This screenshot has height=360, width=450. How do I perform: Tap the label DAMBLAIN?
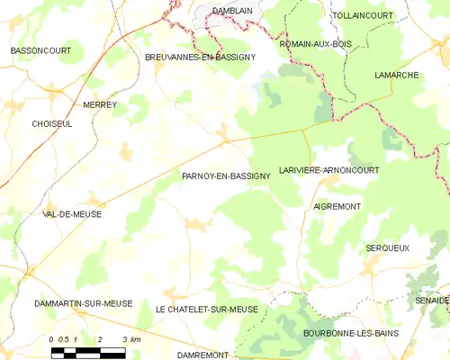(x=231, y=11)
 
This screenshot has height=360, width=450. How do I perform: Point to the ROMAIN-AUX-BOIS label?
(x=315, y=43)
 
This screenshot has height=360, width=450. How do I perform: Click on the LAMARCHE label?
(x=397, y=76)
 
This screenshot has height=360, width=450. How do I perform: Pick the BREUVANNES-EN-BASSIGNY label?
(x=200, y=57)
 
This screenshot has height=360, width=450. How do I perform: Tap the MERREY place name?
(x=100, y=105)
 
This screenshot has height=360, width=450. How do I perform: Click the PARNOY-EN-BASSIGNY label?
(x=226, y=177)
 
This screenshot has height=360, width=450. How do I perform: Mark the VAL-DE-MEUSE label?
(x=72, y=215)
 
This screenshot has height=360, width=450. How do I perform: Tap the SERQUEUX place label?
(x=388, y=247)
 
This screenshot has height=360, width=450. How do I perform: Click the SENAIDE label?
(x=432, y=300)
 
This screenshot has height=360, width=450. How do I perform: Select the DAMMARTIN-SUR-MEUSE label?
(x=83, y=304)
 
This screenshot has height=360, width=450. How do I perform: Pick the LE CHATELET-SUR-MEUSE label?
(x=207, y=310)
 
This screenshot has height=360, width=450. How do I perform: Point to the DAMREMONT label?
(x=202, y=355)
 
